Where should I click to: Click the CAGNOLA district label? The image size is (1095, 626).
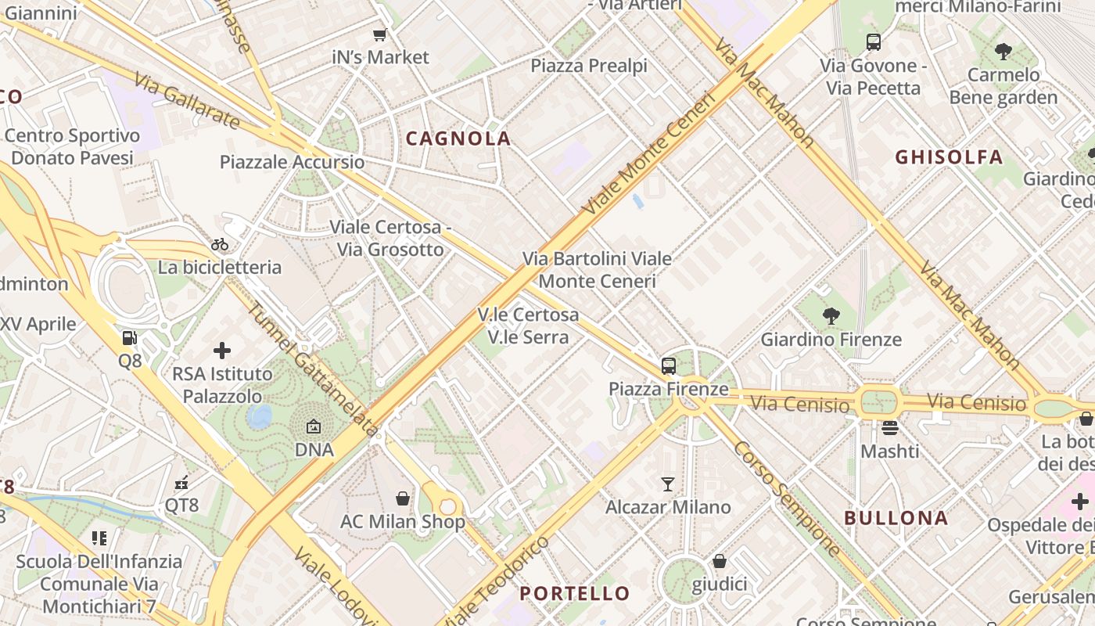pos(458,139)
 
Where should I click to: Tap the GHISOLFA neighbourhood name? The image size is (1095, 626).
pos(949,157)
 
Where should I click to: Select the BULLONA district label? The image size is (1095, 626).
pos(896,518)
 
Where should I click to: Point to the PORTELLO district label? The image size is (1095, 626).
pos(575,594)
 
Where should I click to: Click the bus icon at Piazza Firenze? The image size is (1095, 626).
pos(669,365)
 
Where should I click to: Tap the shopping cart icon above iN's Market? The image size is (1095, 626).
pos(380,34)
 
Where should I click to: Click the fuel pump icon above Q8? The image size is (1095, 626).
pos(130,338)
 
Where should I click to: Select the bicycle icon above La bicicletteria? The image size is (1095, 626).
pos(220,245)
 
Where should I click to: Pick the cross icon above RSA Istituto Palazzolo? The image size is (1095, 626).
pos(222,350)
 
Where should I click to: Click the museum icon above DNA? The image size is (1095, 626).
pos(314,427)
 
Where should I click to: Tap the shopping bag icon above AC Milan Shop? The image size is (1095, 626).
pos(403,498)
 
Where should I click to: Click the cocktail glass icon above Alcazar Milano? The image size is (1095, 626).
pos(667,484)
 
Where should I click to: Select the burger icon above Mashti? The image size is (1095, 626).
pos(890,428)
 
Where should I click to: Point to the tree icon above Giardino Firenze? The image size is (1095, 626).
pos(831,316)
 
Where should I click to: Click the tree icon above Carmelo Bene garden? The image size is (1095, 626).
pos(1003,52)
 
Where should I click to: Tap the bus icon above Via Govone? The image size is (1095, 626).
pos(874,42)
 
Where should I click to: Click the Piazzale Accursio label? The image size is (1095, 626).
pos(292,162)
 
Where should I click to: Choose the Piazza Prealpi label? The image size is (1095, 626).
pos(589,66)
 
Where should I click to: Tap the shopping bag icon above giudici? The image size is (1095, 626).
pos(720,561)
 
